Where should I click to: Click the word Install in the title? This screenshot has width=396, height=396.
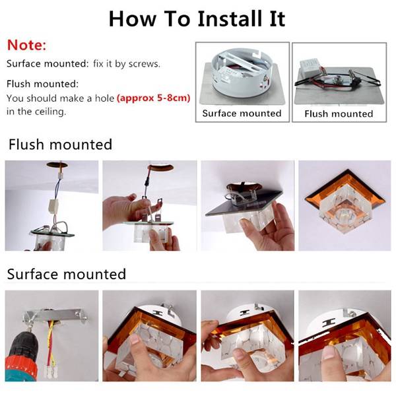point(230,18)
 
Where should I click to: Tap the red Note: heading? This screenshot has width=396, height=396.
point(27,45)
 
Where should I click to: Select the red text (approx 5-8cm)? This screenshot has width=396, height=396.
point(153,98)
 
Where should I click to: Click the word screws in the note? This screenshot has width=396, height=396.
point(145,64)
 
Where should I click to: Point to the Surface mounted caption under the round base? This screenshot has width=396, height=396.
point(242,113)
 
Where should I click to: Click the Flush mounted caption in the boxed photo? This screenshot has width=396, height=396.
point(339,114)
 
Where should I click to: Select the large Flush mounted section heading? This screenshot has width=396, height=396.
point(60,145)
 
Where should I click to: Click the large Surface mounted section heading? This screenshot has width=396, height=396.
point(67,274)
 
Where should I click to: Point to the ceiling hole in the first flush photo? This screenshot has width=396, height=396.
point(57,164)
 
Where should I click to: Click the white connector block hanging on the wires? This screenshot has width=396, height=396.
point(54,206)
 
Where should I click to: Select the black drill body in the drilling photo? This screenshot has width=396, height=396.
point(22,346)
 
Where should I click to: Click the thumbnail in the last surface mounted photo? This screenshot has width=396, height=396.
point(329,352)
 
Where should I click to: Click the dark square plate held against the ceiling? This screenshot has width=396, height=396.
point(244,202)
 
